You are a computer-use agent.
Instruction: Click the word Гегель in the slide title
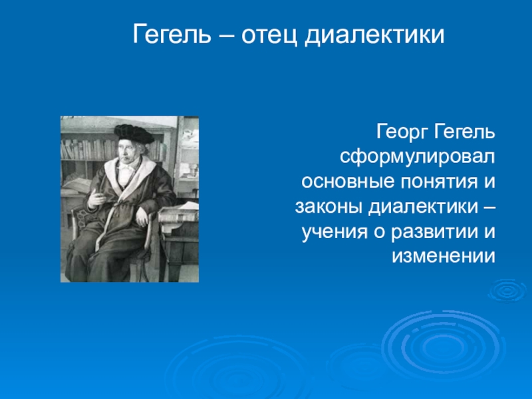point(172,35)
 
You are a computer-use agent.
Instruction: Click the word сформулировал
point(418,157)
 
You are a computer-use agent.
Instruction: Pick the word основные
point(348,182)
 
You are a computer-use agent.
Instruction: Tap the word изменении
point(444,257)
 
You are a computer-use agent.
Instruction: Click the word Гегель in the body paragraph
point(464,132)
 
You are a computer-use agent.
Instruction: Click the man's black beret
point(134,133)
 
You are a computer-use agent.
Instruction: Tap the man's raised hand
point(96,198)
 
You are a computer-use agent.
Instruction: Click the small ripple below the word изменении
point(507,291)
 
